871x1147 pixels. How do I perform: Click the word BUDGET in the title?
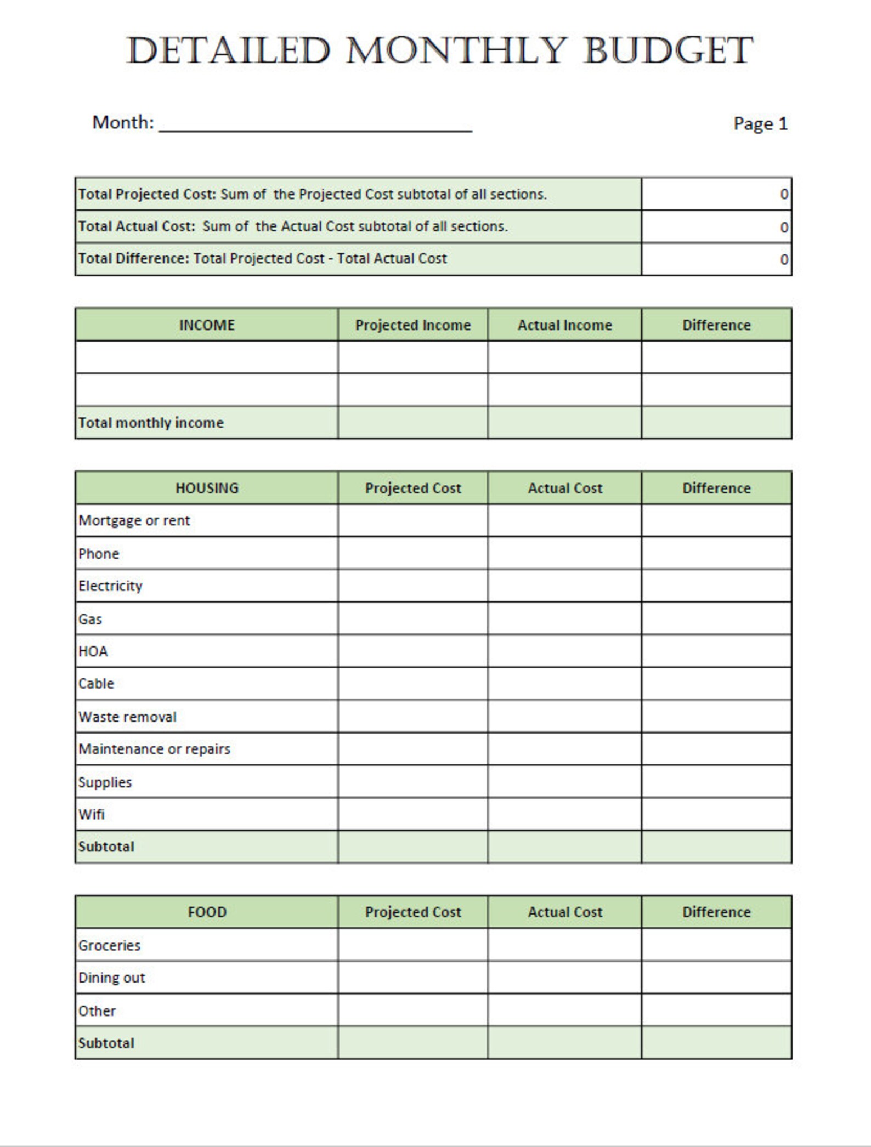point(668,50)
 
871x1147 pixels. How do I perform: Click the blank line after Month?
point(315,124)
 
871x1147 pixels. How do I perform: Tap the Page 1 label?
point(760,124)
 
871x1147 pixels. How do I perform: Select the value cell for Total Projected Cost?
point(716,194)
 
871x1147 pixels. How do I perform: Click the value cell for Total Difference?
point(716,259)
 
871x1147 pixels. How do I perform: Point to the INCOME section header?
point(207,325)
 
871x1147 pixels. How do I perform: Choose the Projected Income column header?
point(413,325)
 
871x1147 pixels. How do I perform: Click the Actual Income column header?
point(564,325)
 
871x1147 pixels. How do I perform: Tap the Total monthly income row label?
point(151,423)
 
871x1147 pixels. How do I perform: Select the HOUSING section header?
point(207,488)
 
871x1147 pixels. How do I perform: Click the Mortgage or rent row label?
point(134,520)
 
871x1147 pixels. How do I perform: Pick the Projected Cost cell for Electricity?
point(413,586)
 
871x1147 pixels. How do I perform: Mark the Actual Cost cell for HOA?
point(564,651)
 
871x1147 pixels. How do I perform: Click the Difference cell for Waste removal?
point(716,717)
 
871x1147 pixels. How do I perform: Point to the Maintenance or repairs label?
point(154,749)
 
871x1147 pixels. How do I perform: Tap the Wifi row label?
point(91,814)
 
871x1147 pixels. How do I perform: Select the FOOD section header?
point(207,912)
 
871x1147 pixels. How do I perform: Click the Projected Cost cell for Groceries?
point(413,945)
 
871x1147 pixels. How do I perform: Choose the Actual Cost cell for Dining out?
point(564,978)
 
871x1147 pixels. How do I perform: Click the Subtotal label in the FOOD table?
point(106,1043)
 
